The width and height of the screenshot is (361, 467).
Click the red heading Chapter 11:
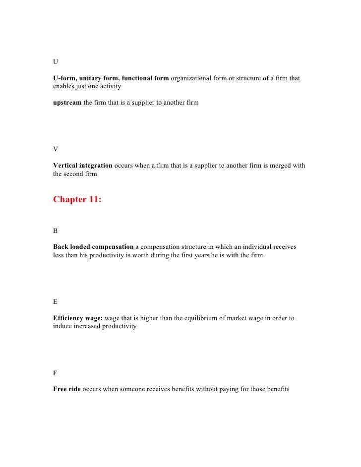coord(77,200)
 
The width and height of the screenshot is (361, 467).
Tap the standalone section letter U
coord(56,61)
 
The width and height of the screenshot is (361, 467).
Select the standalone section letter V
coord(56,148)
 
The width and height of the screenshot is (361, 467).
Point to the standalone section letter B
coord(56,231)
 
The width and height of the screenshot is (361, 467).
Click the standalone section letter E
coord(55,301)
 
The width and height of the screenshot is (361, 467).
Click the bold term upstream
coord(67,103)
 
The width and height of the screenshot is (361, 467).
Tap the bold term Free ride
coord(66,390)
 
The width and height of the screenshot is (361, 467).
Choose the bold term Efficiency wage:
coord(78,318)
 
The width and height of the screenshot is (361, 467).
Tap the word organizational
coord(191,78)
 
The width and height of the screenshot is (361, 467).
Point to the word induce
coord(63,327)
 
